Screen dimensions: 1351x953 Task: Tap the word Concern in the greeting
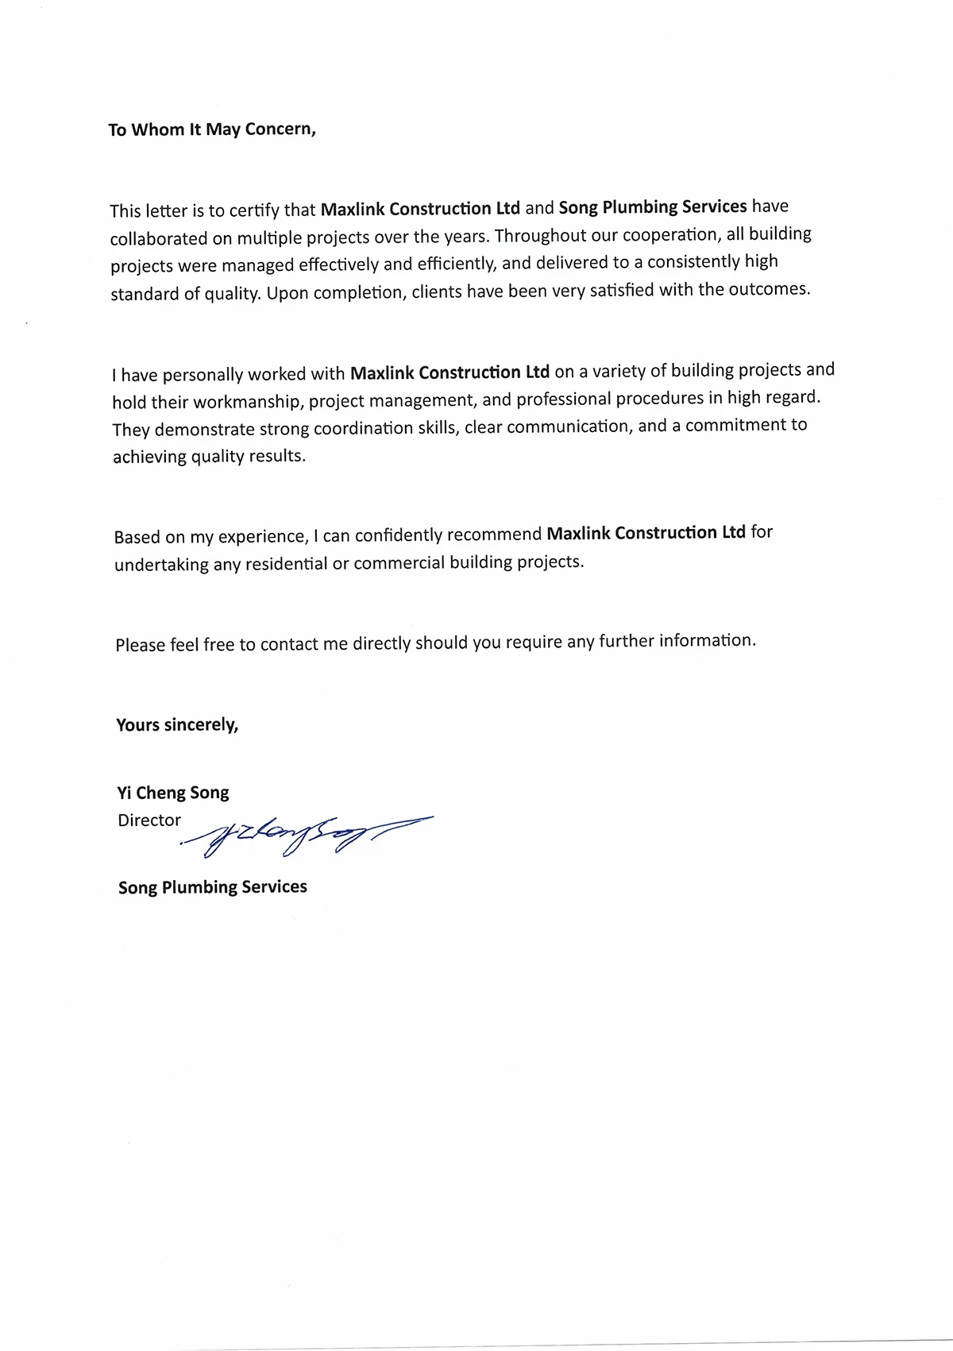[x=280, y=129]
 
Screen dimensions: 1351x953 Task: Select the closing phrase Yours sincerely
[x=177, y=724]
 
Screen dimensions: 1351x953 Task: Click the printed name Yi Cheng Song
[x=173, y=793]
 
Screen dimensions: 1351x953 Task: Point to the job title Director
[x=149, y=820]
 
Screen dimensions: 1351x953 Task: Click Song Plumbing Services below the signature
[x=213, y=887]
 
